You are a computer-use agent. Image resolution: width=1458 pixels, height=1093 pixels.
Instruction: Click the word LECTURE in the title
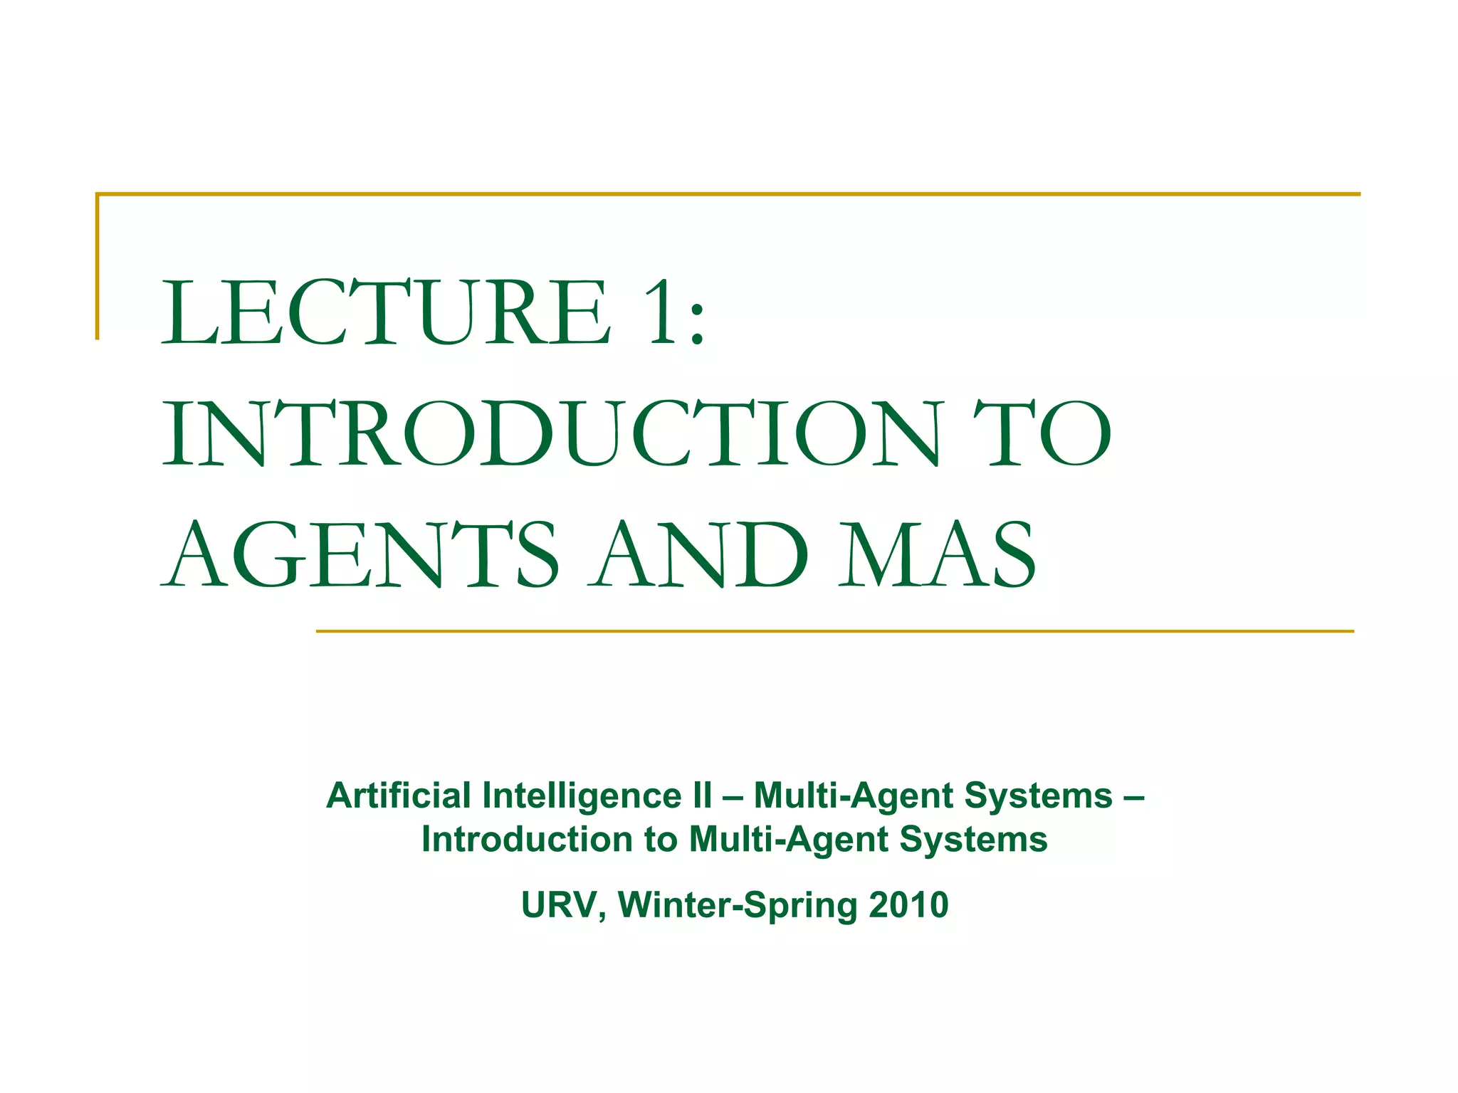385,312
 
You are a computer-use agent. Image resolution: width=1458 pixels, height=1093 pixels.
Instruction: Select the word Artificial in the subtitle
399,796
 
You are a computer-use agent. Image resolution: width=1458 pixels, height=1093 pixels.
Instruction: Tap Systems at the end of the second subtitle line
973,840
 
